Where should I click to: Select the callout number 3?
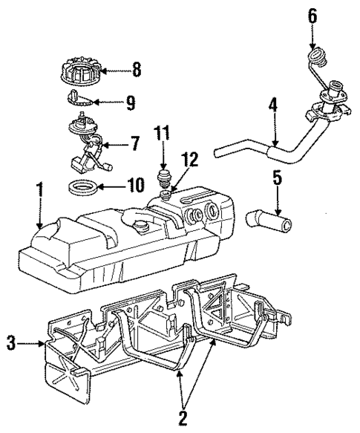(10, 344)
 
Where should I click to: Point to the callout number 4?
(273, 108)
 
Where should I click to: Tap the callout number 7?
(134, 143)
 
